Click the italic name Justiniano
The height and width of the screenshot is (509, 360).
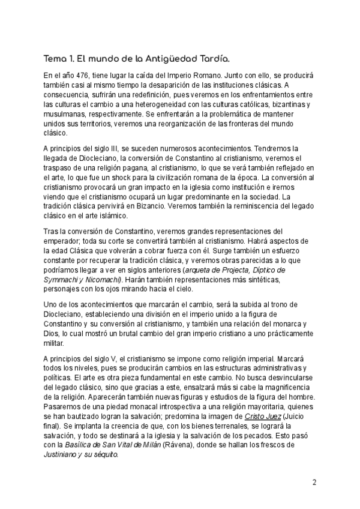tap(62, 455)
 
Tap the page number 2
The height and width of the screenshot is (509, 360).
tap(315, 482)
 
